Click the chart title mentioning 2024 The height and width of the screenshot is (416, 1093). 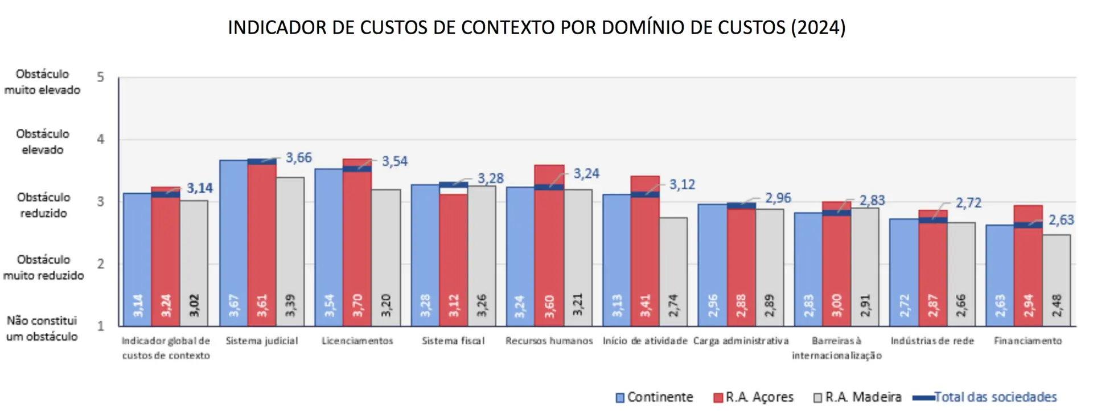pos(536,27)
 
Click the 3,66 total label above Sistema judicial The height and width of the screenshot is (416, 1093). pos(299,158)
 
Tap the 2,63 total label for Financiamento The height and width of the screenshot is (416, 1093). pos(1061,220)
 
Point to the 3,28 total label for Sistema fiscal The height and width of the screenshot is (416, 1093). pos(491,178)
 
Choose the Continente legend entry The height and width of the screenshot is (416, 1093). pos(655,397)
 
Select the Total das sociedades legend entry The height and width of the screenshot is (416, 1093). pos(985,397)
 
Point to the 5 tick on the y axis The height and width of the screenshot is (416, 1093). pos(101,77)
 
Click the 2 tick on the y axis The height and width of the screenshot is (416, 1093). pos(101,264)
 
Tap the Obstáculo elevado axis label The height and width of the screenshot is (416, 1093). pos(43,141)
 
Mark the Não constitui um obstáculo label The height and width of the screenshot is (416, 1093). pos(42,328)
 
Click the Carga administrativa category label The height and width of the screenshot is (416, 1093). pos(741,341)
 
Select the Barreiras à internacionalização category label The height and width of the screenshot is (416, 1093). pos(836,348)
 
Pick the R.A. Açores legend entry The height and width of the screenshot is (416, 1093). pos(753,397)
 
